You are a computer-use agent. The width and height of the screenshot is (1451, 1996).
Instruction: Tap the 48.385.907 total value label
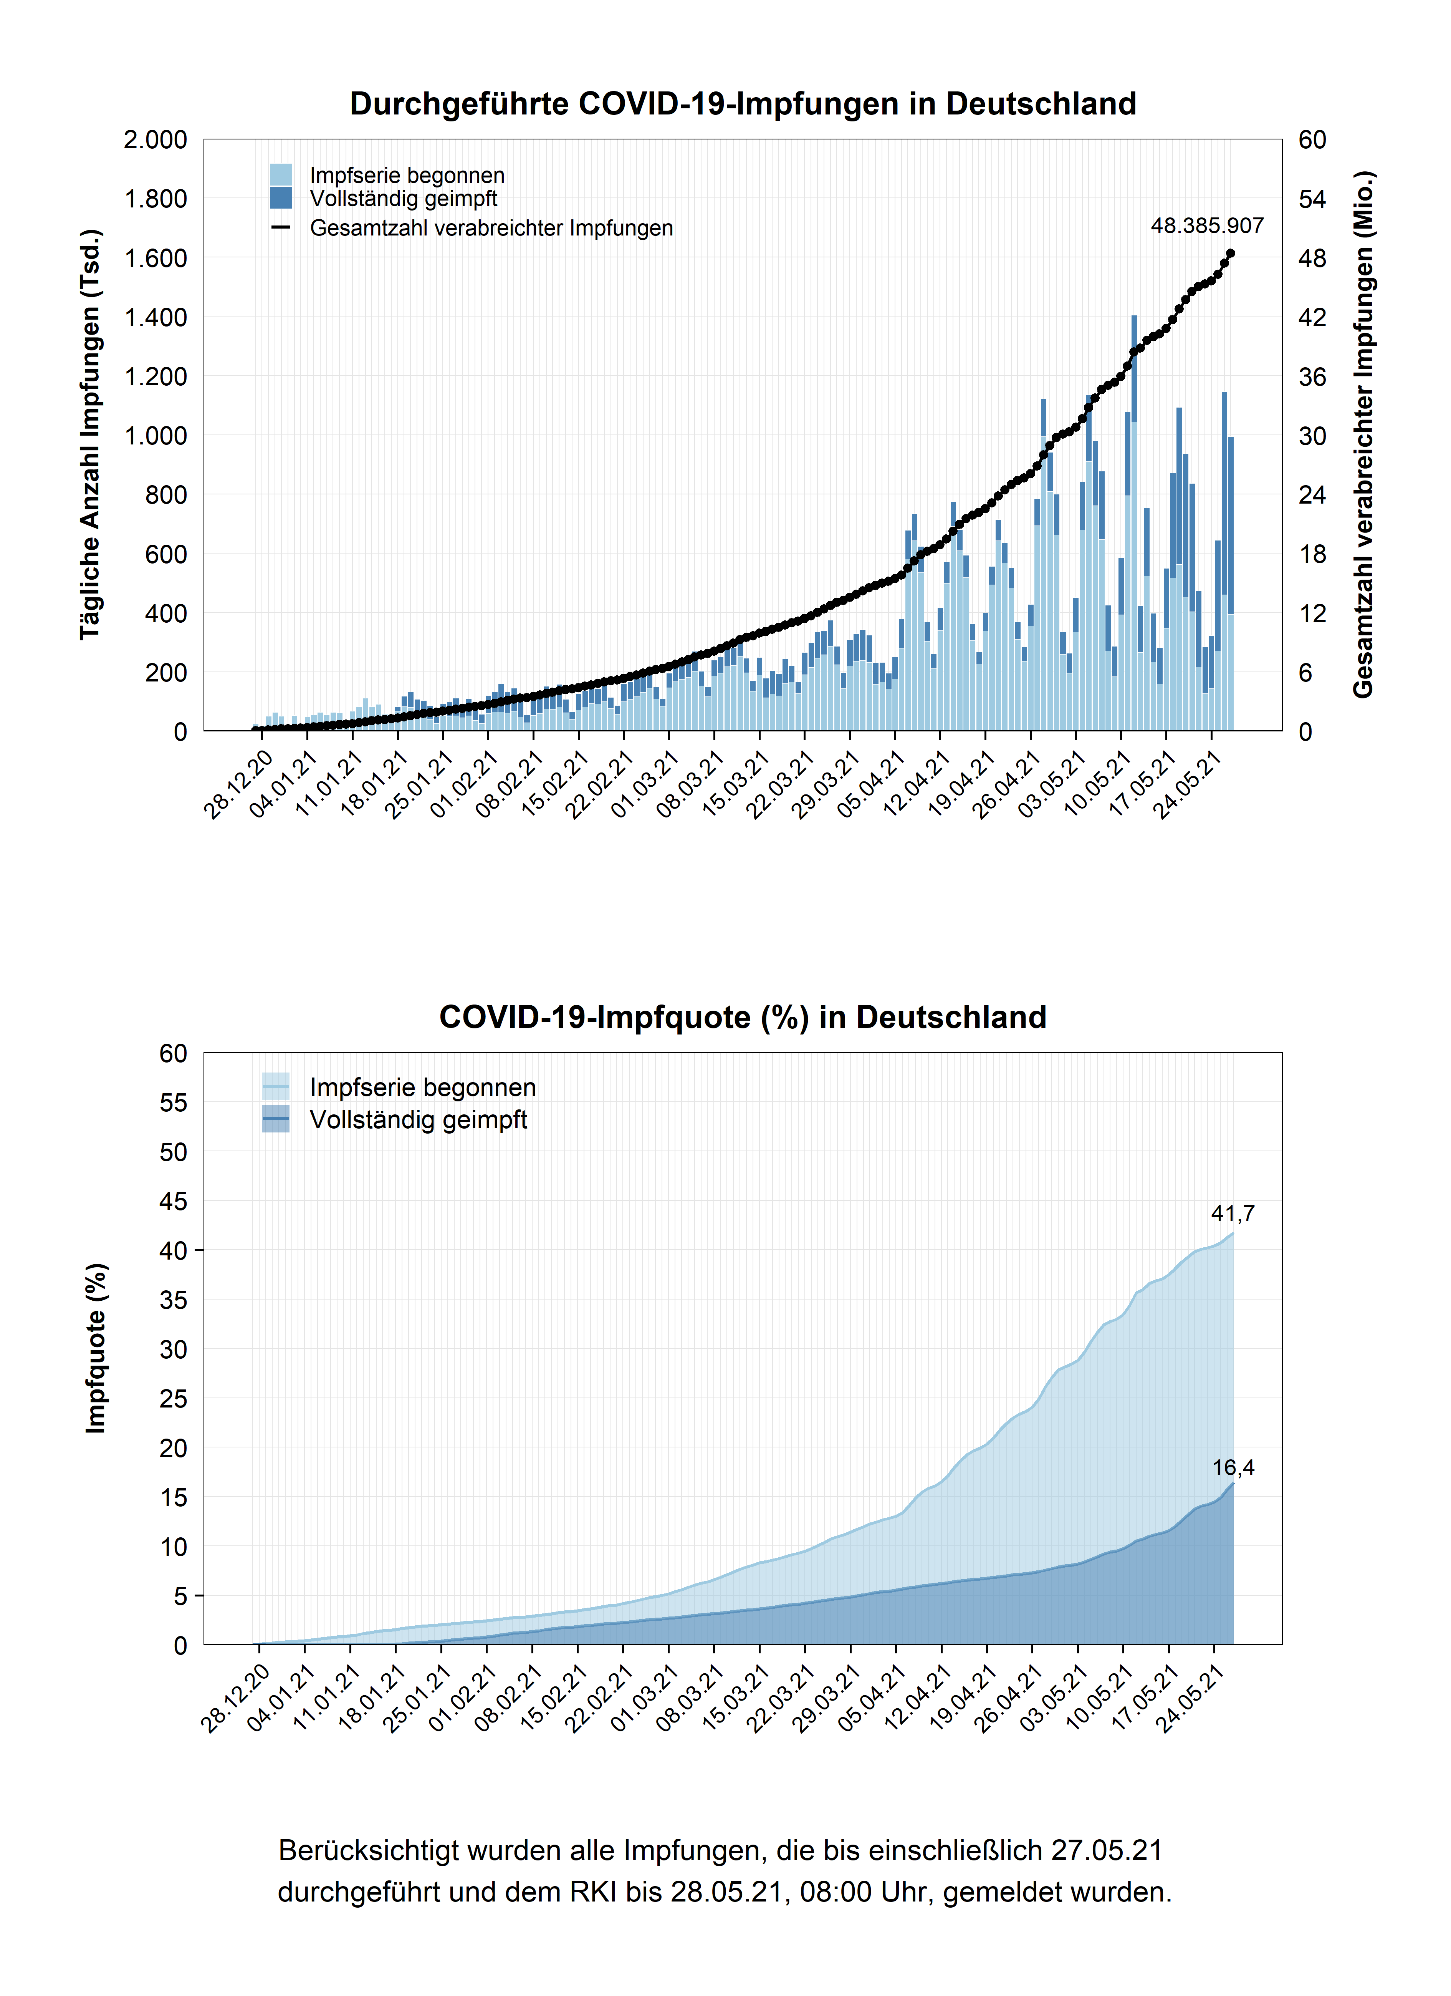pyautogui.click(x=1206, y=226)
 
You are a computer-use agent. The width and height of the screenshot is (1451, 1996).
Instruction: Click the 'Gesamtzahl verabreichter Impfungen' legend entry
pyautogui.click(x=491, y=228)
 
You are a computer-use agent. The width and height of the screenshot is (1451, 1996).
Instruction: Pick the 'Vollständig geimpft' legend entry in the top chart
pyautogui.click(x=403, y=199)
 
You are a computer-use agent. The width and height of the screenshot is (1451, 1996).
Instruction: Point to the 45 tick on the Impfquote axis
pyautogui.click(x=173, y=1201)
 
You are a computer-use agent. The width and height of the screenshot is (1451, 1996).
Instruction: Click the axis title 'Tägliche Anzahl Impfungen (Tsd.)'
pyautogui.click(x=91, y=435)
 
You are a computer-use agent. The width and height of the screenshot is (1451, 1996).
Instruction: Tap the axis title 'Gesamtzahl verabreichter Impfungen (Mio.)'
pyautogui.click(x=1363, y=435)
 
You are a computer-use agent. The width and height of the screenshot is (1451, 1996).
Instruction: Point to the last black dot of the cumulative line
pyautogui.click(x=1230, y=254)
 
